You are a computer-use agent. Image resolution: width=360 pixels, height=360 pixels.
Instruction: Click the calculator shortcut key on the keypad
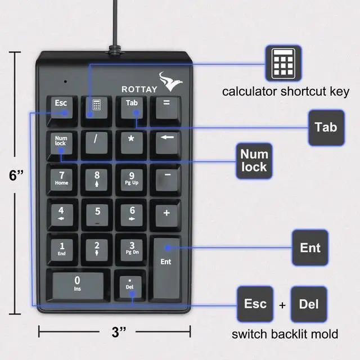click(x=96, y=107)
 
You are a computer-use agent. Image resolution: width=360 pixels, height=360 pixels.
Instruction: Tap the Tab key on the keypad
click(x=132, y=107)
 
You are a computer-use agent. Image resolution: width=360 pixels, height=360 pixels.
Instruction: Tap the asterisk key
click(x=132, y=141)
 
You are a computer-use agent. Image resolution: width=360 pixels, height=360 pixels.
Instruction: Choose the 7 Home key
click(x=62, y=178)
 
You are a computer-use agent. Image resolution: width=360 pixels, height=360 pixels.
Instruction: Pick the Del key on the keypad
click(x=130, y=284)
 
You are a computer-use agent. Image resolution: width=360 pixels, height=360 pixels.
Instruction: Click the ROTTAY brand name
click(x=139, y=89)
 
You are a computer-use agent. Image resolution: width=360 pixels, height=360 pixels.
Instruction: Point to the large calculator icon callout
click(x=282, y=62)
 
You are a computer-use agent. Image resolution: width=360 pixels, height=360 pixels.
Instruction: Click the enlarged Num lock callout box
click(x=254, y=161)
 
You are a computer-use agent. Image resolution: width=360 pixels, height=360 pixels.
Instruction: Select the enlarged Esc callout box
click(x=255, y=304)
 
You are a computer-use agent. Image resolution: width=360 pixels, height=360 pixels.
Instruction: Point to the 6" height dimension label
click(x=16, y=175)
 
